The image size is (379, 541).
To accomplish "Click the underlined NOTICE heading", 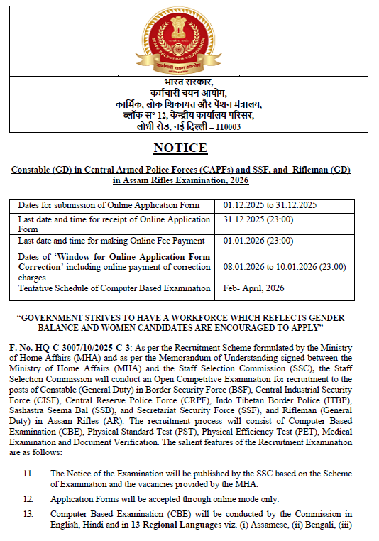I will (180, 148).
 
